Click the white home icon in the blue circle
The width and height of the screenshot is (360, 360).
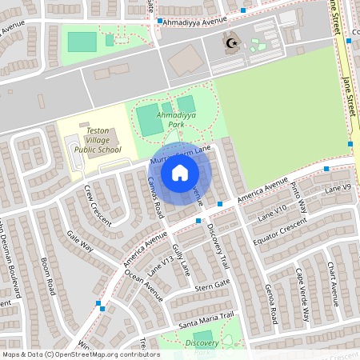(x=180, y=172)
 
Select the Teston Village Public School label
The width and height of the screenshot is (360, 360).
(x=98, y=140)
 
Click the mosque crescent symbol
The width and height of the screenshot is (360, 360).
(x=233, y=44)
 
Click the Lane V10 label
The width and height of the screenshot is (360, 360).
(x=272, y=213)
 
